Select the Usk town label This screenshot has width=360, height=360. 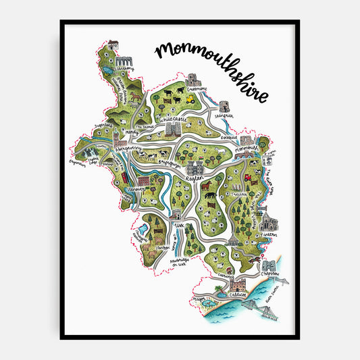pos(180,224)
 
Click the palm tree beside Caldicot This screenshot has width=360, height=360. pos(218,289)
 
